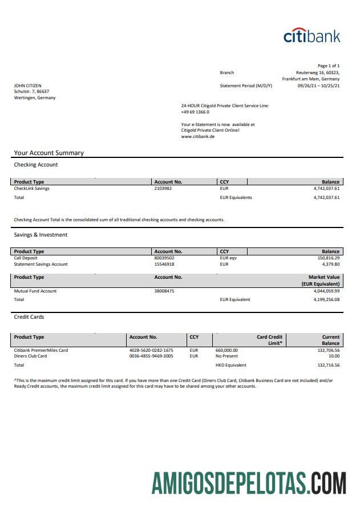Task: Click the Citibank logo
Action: point(312,35)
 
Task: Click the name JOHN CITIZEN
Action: point(27,86)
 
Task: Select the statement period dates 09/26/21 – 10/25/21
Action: point(318,86)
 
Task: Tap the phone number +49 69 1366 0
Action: point(195,112)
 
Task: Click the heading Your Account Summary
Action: point(49,153)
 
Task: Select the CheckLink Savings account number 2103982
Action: point(163,189)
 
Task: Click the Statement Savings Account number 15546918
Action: point(164,265)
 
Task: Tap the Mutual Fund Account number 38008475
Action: point(164,291)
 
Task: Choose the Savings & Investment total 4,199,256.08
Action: point(326,299)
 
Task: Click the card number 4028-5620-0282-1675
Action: point(151,350)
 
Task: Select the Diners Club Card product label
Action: point(30,356)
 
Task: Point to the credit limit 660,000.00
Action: point(226,350)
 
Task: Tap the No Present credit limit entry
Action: point(226,356)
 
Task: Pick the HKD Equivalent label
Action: point(230,365)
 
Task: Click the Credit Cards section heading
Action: point(29,317)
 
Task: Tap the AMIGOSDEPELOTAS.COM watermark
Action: point(249,483)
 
